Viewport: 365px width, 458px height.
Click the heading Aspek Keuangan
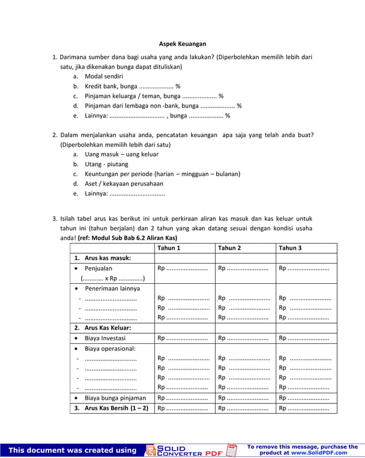point(182,44)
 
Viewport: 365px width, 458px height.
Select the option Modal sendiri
point(103,76)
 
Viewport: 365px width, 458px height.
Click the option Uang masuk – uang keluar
point(121,154)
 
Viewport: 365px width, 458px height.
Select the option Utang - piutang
point(108,164)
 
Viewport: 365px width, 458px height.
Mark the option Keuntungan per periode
point(162,174)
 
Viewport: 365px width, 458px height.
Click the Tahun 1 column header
point(169,248)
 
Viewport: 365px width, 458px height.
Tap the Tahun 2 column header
point(229,248)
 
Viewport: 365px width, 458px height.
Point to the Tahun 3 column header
point(290,248)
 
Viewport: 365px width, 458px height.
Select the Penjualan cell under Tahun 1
point(182,268)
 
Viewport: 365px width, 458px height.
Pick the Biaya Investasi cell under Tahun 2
point(243,338)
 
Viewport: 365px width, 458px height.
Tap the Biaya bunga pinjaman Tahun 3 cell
point(304,397)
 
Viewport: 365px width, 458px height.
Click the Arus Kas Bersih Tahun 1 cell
point(182,408)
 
